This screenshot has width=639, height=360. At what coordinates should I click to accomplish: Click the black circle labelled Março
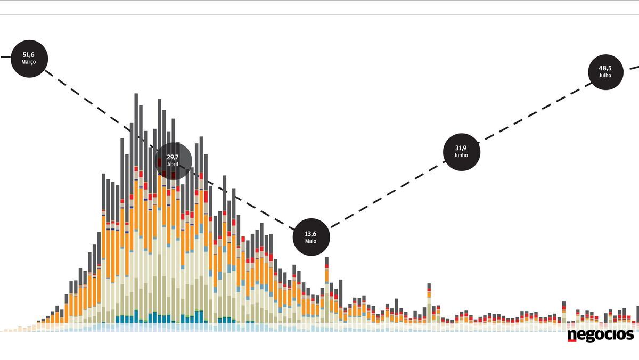pyautogui.click(x=29, y=58)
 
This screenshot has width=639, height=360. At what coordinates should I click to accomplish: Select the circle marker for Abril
pyautogui.click(x=173, y=160)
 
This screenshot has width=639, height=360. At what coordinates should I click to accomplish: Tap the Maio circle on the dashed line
pyautogui.click(x=311, y=237)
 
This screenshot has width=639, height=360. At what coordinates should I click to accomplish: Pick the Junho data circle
pyautogui.click(x=462, y=152)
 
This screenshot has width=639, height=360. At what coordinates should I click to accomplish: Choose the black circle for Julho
pyautogui.click(x=605, y=71)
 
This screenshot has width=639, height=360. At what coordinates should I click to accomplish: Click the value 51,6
pyautogui.click(x=29, y=54)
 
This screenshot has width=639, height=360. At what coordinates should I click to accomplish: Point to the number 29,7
pyautogui.click(x=173, y=157)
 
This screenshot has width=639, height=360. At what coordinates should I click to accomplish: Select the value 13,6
pyautogui.click(x=311, y=233)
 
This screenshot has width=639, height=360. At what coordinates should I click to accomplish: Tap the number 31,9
pyautogui.click(x=462, y=148)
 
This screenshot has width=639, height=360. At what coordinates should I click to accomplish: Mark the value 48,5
pyautogui.click(x=605, y=68)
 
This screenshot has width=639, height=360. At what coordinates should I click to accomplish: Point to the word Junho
pyautogui.click(x=462, y=156)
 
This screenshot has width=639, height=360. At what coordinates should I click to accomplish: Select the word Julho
pyautogui.click(x=605, y=76)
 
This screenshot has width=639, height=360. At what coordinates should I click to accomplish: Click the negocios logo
pyautogui.click(x=600, y=335)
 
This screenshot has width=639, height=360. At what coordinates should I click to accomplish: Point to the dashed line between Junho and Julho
pyautogui.click(x=532, y=111)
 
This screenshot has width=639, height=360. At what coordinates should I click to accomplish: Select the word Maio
pyautogui.click(x=311, y=241)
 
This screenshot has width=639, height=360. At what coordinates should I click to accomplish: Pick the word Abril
pyautogui.click(x=173, y=165)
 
